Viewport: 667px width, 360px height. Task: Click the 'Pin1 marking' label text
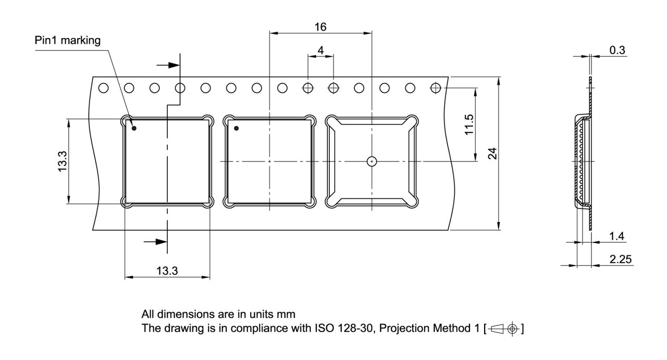click(x=68, y=41)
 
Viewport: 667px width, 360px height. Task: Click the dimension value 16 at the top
click(x=320, y=27)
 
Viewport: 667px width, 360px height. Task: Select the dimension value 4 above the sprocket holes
click(x=320, y=51)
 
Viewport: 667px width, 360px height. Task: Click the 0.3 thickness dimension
click(x=617, y=50)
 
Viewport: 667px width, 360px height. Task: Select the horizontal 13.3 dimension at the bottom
click(x=167, y=270)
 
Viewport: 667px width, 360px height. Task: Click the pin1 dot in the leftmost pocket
click(x=134, y=128)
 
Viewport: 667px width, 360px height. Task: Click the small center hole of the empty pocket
click(x=371, y=162)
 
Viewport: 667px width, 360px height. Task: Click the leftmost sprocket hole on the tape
click(x=104, y=88)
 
